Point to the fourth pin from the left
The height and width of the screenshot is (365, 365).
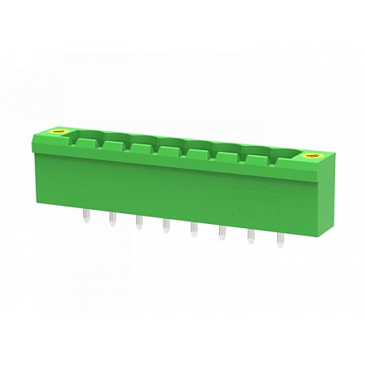click(166, 226)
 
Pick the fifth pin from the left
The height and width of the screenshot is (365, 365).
click(193, 230)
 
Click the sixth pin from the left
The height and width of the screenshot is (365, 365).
click(221, 234)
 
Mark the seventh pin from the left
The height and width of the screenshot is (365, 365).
click(251, 238)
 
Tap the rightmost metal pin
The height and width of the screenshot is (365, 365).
click(280, 241)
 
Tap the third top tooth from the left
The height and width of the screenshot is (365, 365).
click(140, 148)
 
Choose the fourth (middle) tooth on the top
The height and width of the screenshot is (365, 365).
click(168, 150)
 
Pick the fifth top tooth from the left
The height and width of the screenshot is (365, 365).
click(197, 153)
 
